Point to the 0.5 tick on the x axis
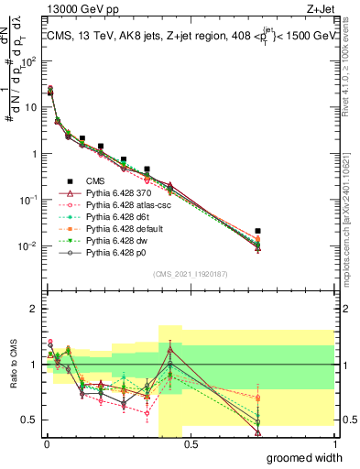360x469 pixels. click(x=191, y=442)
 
